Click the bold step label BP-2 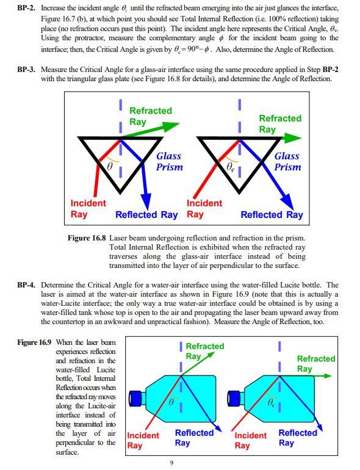pos(26,7)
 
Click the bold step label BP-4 pos(26,285)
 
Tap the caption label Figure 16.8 pos(87,238)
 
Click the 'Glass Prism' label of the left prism pos(169,161)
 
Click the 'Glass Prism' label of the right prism pos(287,161)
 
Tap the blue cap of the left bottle pos(135,399)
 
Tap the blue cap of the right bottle pos(232,399)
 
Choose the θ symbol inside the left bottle pos(171,403)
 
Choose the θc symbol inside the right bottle pos(272,403)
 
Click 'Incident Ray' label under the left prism pos(88,208)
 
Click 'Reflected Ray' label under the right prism pos(272,215)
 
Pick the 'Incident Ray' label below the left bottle pos(143,440)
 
